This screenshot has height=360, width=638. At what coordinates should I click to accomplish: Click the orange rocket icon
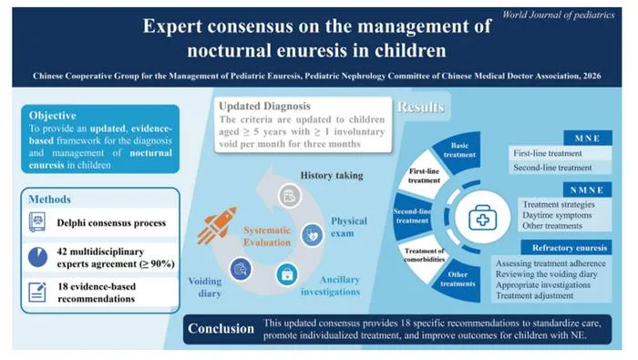coord(217,225)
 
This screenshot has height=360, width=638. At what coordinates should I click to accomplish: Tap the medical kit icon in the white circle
coord(482,218)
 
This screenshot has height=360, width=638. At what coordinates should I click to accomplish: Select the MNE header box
coord(588,138)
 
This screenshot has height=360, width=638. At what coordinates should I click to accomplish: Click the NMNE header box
coord(588,190)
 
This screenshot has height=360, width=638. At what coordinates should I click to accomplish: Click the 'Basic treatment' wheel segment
coord(458,151)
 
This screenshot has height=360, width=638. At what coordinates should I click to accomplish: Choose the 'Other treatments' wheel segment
coord(458,280)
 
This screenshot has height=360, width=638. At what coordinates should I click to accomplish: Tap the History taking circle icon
coord(290,196)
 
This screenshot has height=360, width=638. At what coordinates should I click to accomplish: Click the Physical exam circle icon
coord(313,235)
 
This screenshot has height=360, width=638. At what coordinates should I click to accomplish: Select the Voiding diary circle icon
coord(241,269)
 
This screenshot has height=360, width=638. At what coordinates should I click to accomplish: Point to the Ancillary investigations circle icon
coord(287,274)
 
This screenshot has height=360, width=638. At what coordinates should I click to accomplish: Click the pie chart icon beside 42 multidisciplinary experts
coord(38,257)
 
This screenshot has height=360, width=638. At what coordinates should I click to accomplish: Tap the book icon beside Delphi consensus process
coord(37,222)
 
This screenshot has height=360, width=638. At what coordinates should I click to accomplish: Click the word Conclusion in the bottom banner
coord(221,329)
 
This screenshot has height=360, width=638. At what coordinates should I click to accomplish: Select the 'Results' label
coord(421,107)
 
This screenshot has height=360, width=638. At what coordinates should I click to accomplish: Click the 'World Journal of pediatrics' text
coord(558,15)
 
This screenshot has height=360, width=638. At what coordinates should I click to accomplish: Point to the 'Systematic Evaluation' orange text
coord(267,236)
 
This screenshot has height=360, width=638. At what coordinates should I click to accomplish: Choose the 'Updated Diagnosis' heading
coord(264,106)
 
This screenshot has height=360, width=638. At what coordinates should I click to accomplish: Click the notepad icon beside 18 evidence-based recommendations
coord(37,292)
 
